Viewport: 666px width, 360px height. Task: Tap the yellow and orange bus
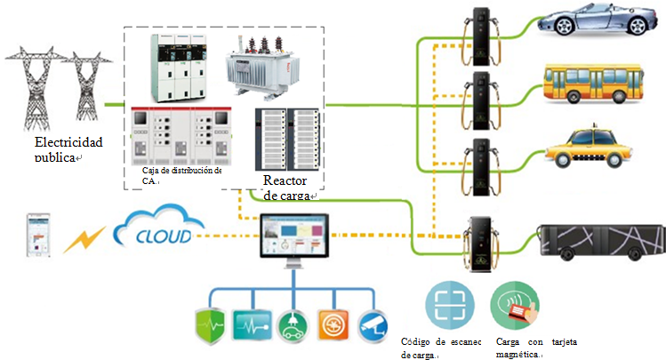[x=591, y=83]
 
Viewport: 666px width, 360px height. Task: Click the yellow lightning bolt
[x=85, y=238]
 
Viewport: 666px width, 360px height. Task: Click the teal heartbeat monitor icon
[x=250, y=326]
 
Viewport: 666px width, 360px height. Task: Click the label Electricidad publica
[x=68, y=148]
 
